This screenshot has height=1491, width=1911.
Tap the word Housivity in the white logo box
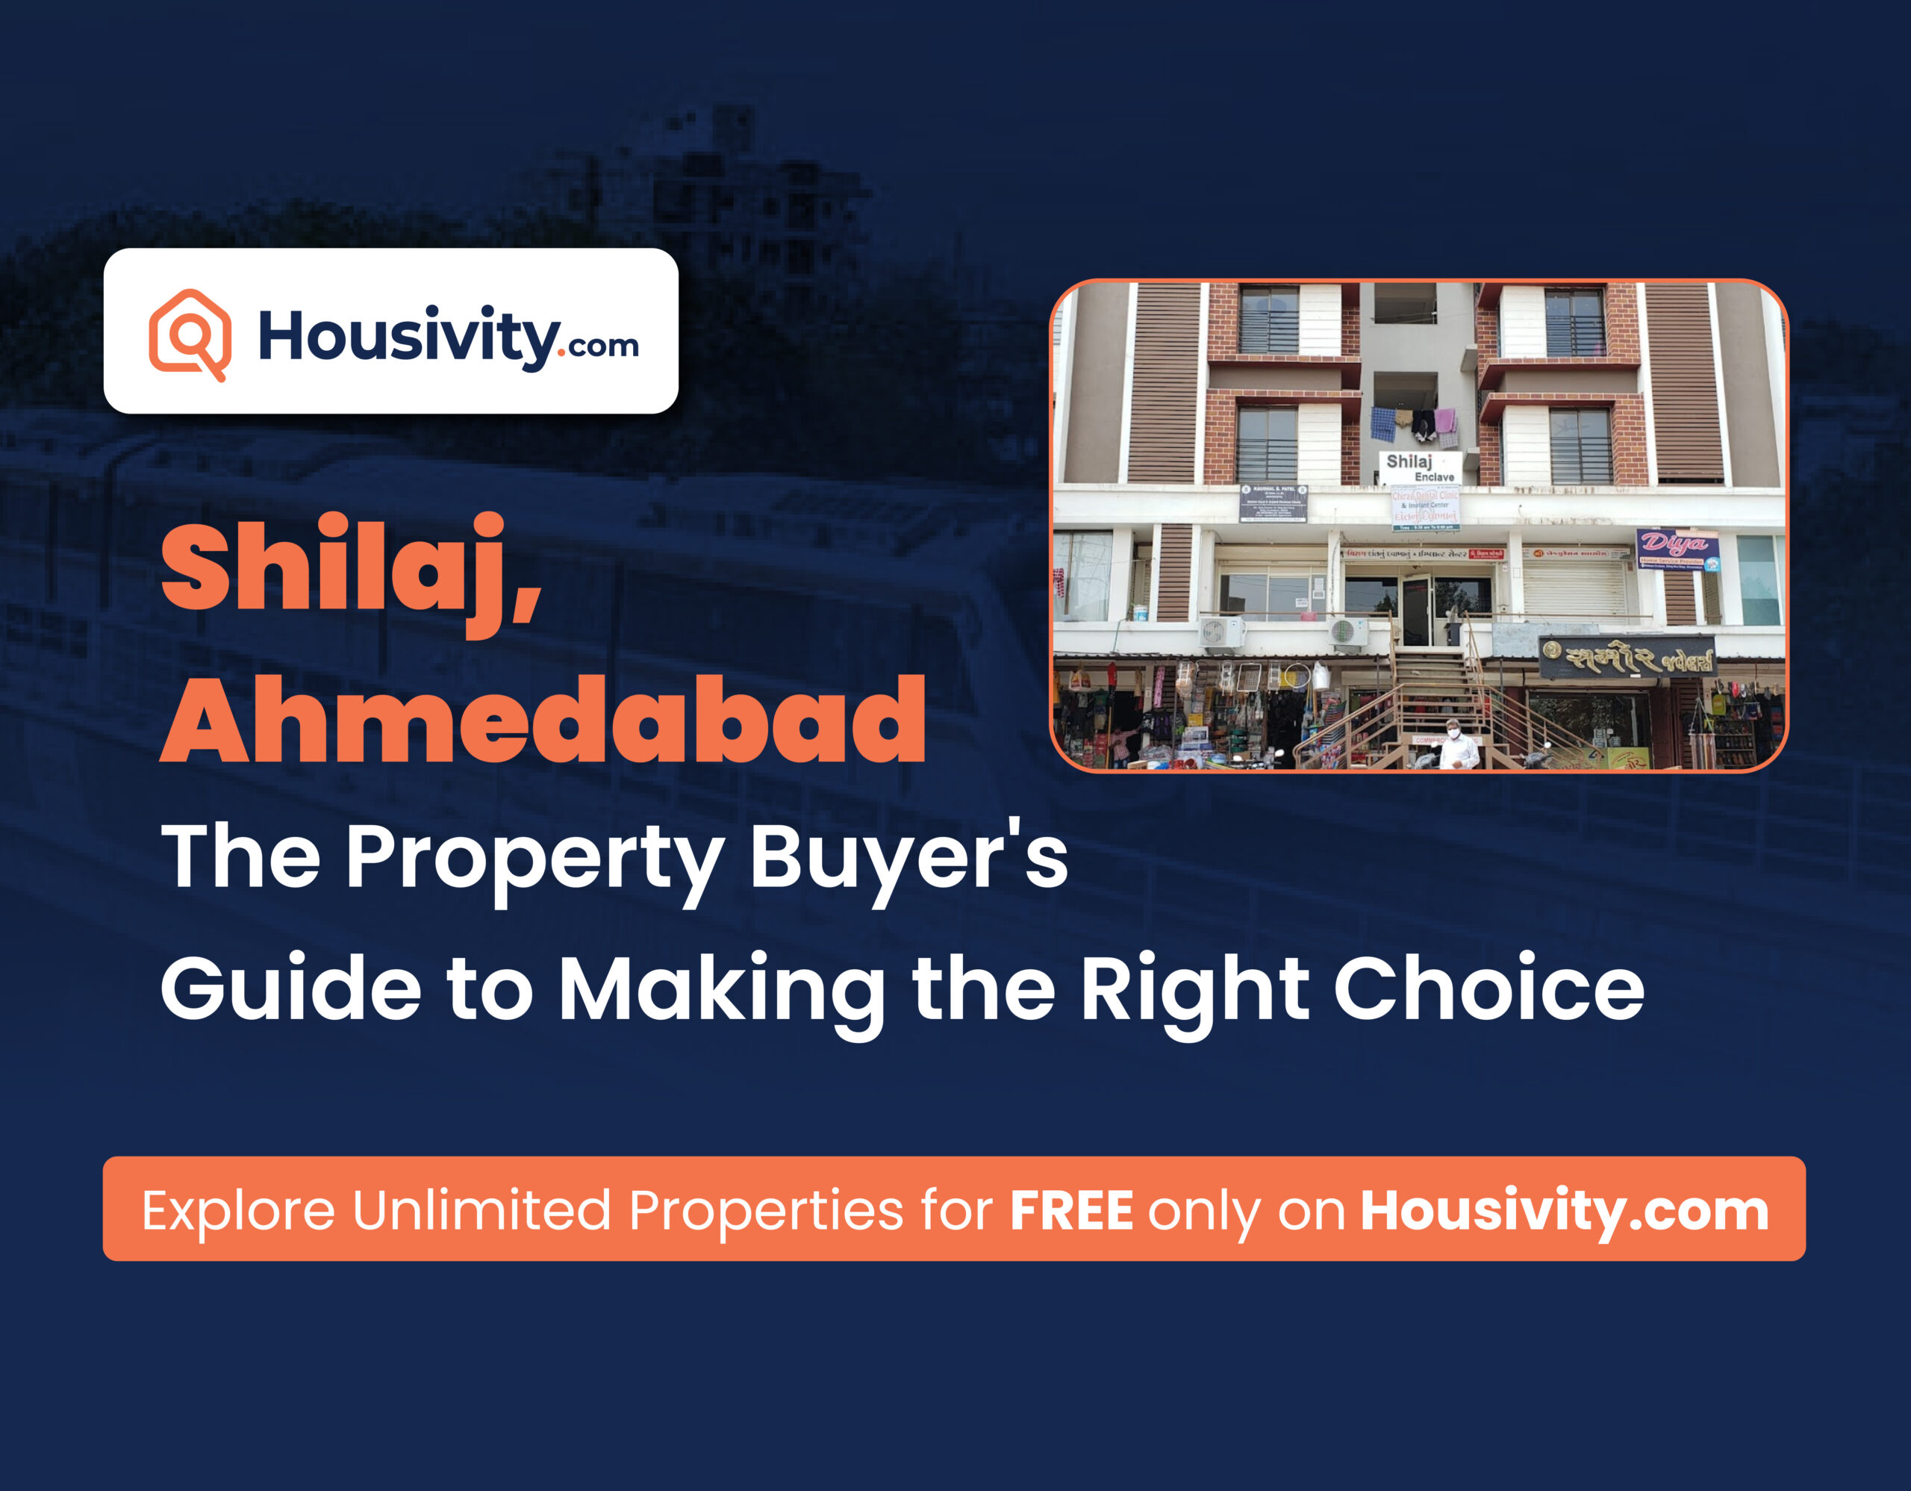click(x=408, y=337)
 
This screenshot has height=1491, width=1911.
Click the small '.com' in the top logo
click(x=603, y=346)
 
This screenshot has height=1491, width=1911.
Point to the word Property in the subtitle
click(x=534, y=859)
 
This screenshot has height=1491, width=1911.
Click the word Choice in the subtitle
click(x=1488, y=988)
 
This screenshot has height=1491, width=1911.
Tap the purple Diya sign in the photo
click(x=1676, y=549)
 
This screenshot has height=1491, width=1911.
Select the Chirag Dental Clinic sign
click(x=1425, y=508)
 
